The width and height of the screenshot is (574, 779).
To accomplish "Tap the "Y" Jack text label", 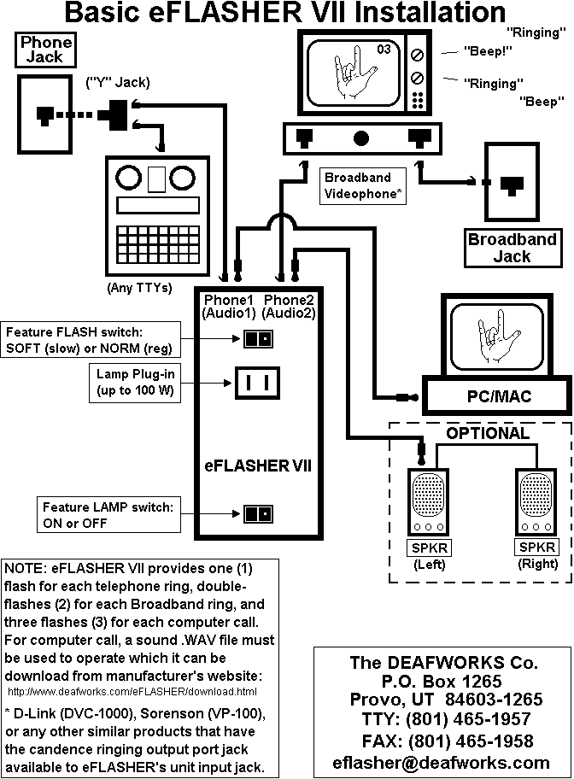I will [x=117, y=82].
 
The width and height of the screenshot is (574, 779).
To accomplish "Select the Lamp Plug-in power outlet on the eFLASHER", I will [x=257, y=384].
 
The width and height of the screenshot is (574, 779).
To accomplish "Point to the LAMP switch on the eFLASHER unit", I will [x=257, y=513].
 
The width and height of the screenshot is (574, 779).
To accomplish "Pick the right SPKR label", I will [x=538, y=547].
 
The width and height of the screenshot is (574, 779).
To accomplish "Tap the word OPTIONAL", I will [x=488, y=433].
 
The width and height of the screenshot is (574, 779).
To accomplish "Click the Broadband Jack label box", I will [x=512, y=248].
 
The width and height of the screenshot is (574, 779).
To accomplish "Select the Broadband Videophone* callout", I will [x=362, y=186].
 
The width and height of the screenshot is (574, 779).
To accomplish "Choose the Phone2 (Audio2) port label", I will [x=290, y=307].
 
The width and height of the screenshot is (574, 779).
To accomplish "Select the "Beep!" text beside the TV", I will [x=488, y=51].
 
